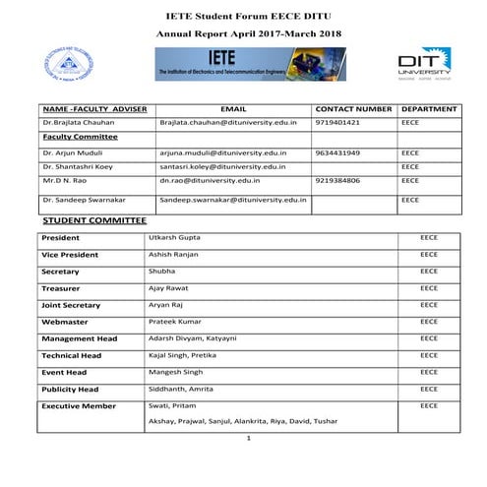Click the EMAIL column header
[x=233, y=108]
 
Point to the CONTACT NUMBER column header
[x=353, y=108]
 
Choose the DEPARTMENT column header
[x=430, y=108]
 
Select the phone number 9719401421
[x=337, y=123]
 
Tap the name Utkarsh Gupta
[x=173, y=238]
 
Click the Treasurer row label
[x=61, y=288]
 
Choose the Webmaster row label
[x=63, y=322]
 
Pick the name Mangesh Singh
[x=175, y=372]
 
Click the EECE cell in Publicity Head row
[x=428, y=389]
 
